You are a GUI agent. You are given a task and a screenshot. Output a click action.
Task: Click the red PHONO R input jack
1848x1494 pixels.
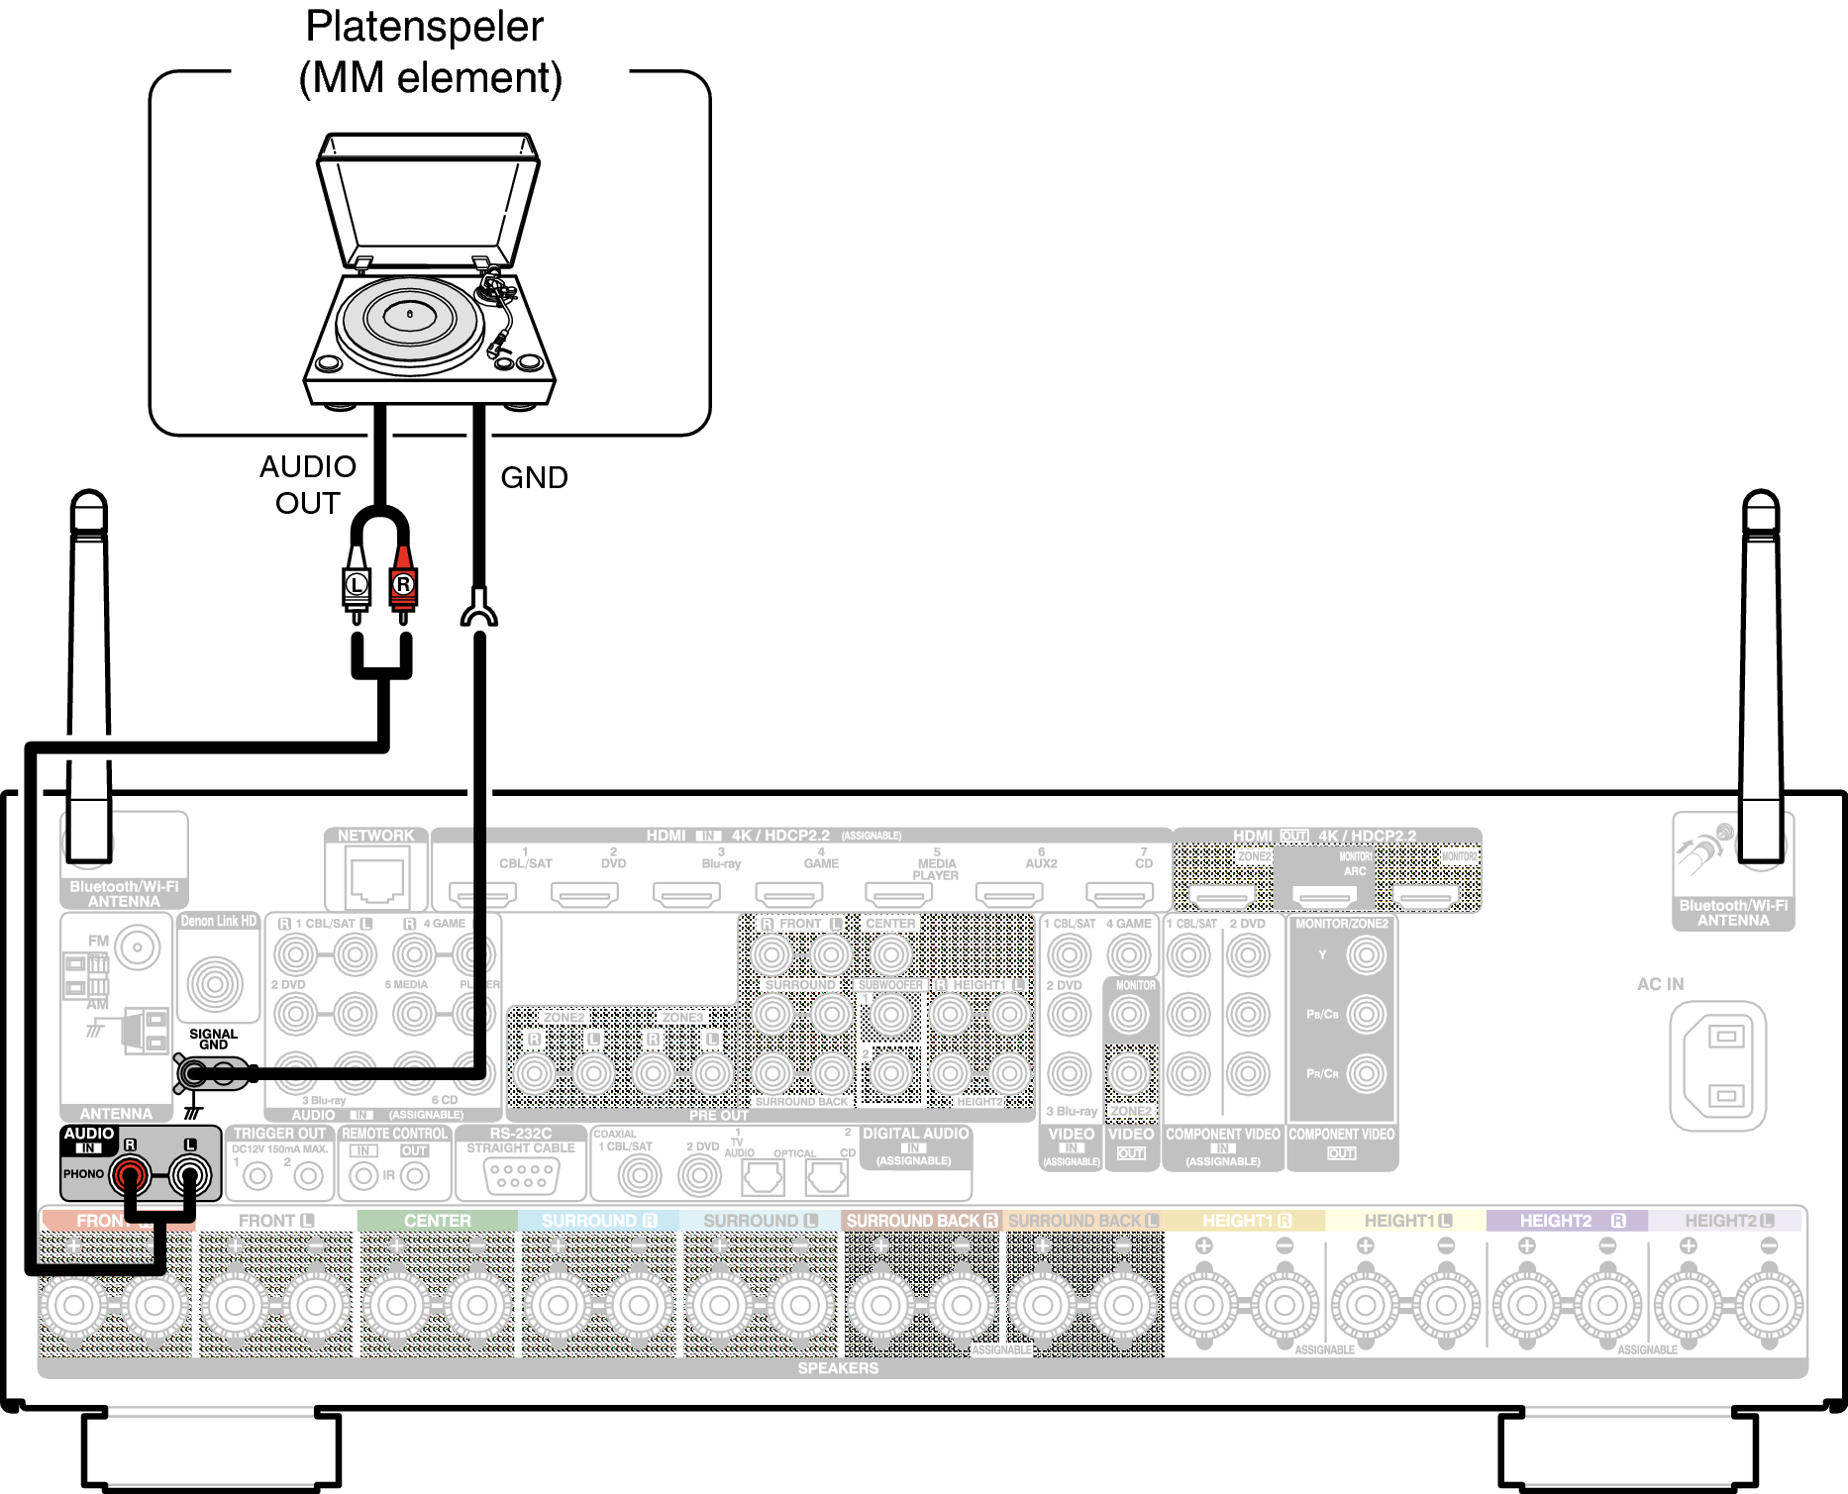pyautogui.click(x=130, y=1176)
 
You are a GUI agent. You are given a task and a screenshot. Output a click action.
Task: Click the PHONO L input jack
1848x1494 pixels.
pyautogui.click(x=189, y=1176)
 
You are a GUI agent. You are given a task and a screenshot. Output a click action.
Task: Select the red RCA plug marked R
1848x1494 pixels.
pyautogui.click(x=402, y=585)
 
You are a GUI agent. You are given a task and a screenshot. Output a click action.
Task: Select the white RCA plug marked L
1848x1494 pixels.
pyautogui.click(x=357, y=585)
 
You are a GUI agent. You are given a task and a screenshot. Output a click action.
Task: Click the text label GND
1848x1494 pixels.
pyautogui.click(x=534, y=478)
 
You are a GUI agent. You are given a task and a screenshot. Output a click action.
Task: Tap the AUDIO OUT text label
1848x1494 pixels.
pyautogui.click(x=308, y=484)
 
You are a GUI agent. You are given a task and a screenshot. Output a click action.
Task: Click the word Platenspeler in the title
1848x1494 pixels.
pyautogui.click(x=424, y=27)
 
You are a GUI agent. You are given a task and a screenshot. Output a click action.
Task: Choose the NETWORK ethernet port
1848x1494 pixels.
pyautogui.click(x=375, y=879)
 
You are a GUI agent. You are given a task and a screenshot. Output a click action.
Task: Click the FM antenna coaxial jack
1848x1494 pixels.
pyautogui.click(x=138, y=947)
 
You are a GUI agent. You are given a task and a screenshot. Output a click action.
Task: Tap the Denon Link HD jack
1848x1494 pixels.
pyautogui.click(x=215, y=983)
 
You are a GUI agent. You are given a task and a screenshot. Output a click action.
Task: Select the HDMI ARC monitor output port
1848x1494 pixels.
pyautogui.click(x=1325, y=896)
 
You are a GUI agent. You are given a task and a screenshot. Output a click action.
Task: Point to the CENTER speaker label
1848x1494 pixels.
pyautogui.click(x=437, y=1221)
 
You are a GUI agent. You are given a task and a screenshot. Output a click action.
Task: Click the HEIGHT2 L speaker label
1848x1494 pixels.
pyautogui.click(x=1729, y=1221)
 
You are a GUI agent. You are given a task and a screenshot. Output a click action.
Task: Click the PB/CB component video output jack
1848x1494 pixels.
pyautogui.click(x=1367, y=1014)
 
